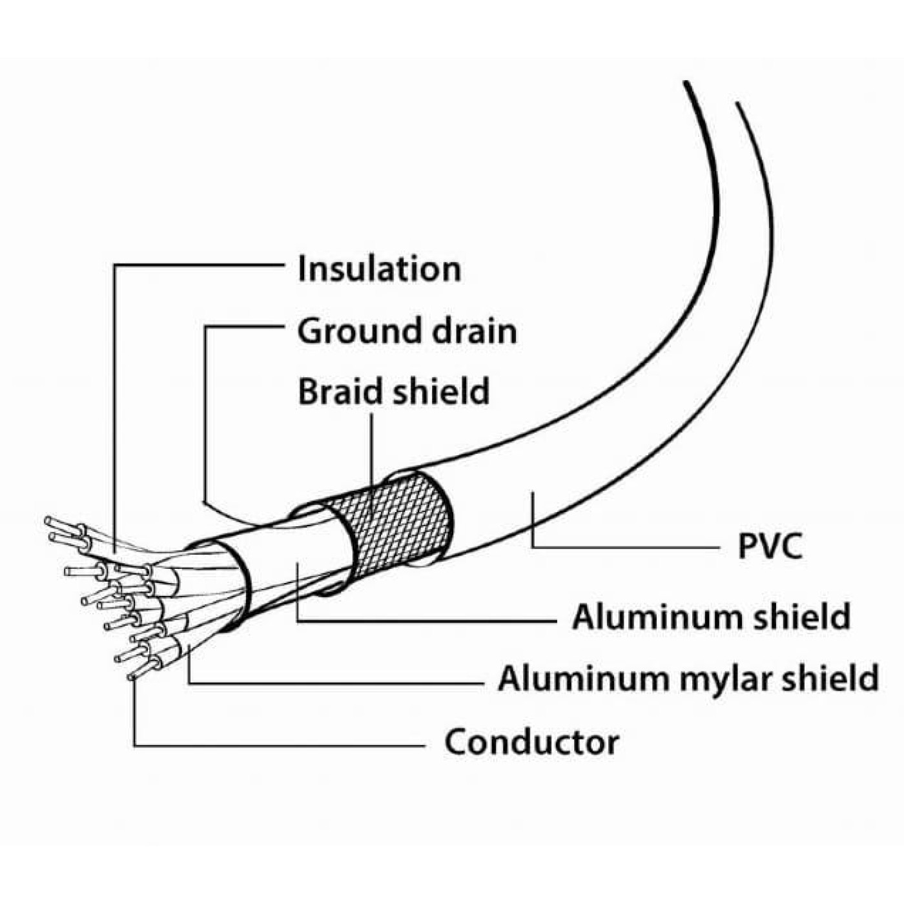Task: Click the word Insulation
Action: (x=379, y=269)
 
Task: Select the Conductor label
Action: (x=531, y=742)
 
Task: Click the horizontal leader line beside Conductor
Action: (x=280, y=745)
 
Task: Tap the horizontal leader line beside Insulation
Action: (x=199, y=265)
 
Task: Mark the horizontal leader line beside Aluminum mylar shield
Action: (x=335, y=683)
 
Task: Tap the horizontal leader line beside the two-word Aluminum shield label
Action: (x=426, y=622)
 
